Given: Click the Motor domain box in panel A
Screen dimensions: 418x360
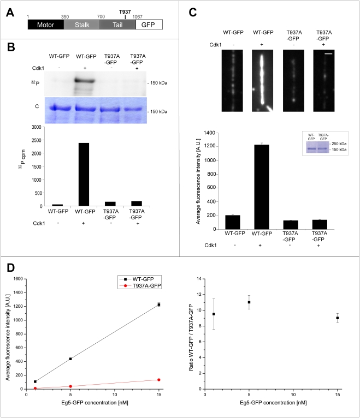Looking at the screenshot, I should coord(45,25).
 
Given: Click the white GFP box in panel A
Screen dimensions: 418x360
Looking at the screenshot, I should coord(149,25).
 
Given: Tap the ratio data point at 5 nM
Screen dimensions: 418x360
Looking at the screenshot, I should coord(249,302).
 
